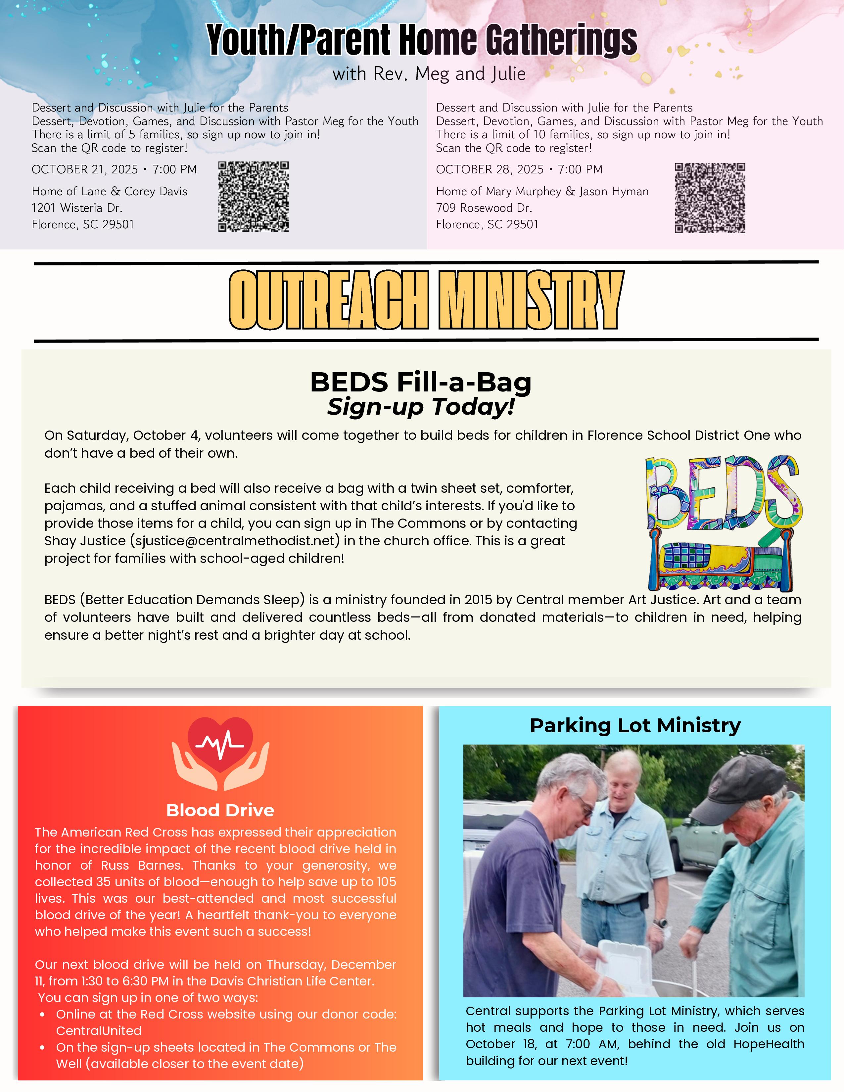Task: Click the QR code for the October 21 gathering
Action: [254, 197]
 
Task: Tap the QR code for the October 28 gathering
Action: [710, 198]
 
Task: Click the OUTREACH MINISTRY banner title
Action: [426, 300]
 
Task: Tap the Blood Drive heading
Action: [220, 810]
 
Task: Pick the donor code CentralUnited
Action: [99, 1030]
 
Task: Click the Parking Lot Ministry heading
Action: [635, 725]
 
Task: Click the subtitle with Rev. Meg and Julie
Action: [429, 74]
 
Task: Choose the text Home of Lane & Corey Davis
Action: [110, 192]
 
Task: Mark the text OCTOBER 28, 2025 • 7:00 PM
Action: [519, 169]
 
